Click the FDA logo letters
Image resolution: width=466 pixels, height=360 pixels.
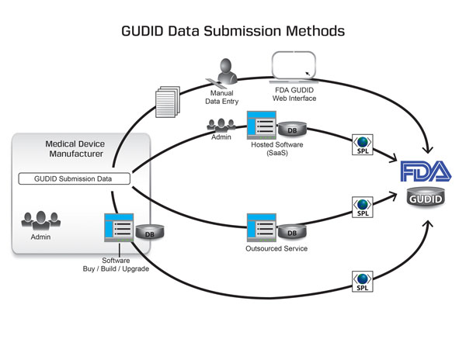pos(423,171)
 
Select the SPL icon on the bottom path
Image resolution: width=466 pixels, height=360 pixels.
pos(362,281)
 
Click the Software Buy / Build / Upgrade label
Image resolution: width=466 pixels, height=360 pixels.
pos(116,265)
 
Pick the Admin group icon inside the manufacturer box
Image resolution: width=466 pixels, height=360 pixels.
pos(37,220)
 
